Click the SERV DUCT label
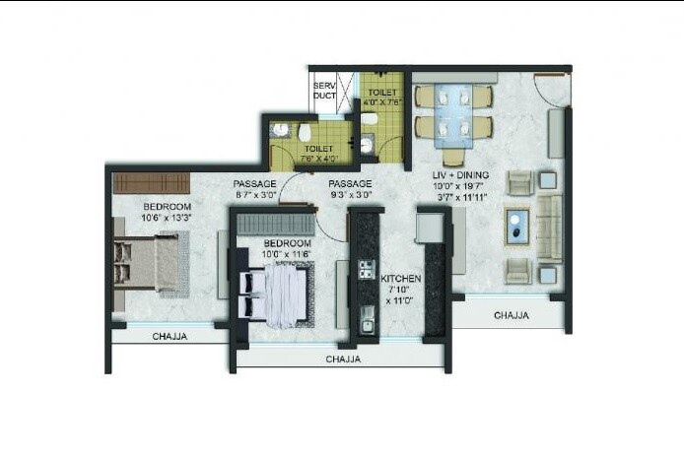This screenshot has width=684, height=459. click(324, 92)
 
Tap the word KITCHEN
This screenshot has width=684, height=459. click(401, 280)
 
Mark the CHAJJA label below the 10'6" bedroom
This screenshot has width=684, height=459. click(171, 337)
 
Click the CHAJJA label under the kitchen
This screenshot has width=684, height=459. click(343, 360)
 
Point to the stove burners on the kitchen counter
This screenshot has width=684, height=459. click(366, 269)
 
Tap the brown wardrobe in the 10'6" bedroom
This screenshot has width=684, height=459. click(143, 182)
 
